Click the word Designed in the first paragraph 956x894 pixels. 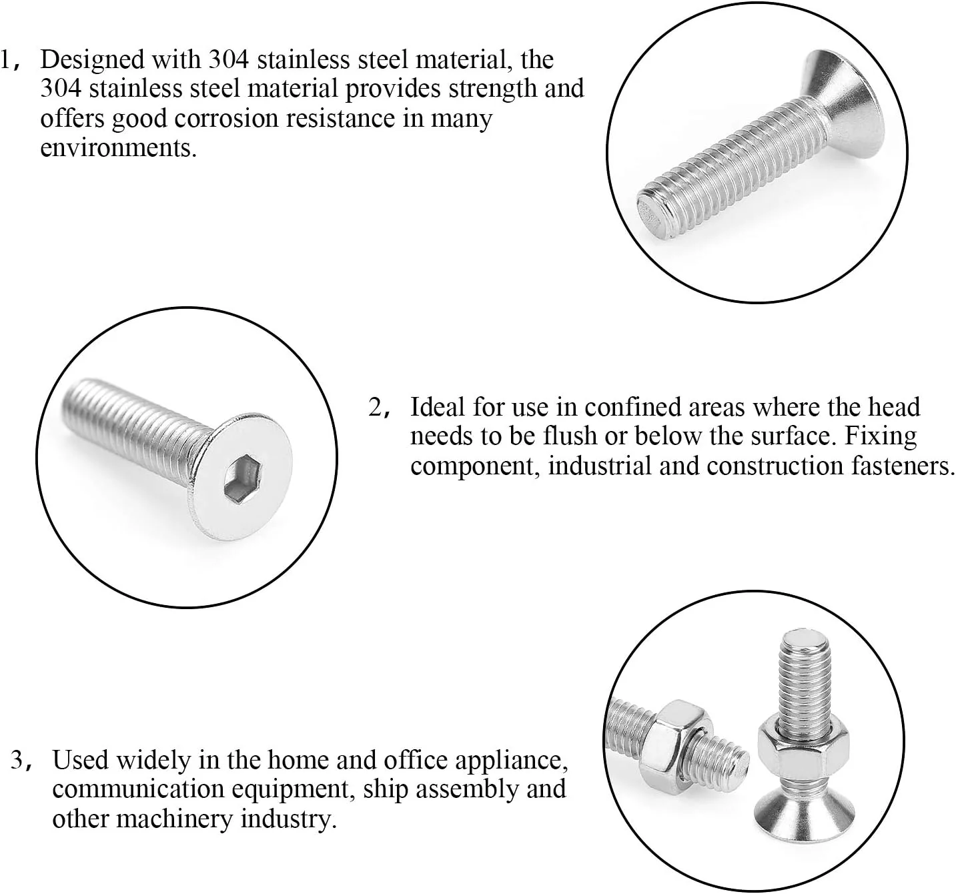(x=93, y=61)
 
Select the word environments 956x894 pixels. (x=119, y=147)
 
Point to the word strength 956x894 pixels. (x=492, y=89)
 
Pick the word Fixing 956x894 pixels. (x=881, y=437)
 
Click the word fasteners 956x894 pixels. (x=900, y=466)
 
